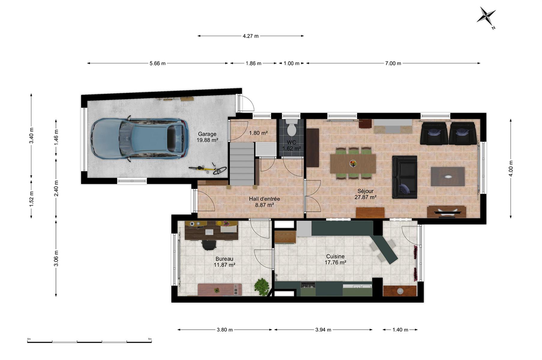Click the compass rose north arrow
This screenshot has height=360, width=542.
tap(486, 16)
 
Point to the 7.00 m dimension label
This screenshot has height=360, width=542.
tap(393, 63)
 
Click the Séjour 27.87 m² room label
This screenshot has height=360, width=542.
tap(365, 194)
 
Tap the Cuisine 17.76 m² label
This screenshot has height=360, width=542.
tap(335, 259)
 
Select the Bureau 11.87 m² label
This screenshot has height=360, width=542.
tap(224, 262)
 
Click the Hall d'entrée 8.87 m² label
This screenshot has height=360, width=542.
tap(264, 202)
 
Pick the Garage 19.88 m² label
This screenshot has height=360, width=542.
tap(207, 137)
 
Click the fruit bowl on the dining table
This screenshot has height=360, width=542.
tap(353, 163)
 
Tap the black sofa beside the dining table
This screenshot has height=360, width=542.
tap(405, 177)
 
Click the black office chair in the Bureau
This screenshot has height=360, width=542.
tap(209, 244)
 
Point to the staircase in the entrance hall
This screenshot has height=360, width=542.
tap(242, 164)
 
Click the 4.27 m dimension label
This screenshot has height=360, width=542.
tap(251, 36)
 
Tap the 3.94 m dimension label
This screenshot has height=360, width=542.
tap(323, 330)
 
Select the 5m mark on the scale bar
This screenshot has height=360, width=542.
tap(150, 339)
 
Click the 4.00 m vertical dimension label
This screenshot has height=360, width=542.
tap(511, 168)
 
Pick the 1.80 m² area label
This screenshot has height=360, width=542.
tap(258, 133)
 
